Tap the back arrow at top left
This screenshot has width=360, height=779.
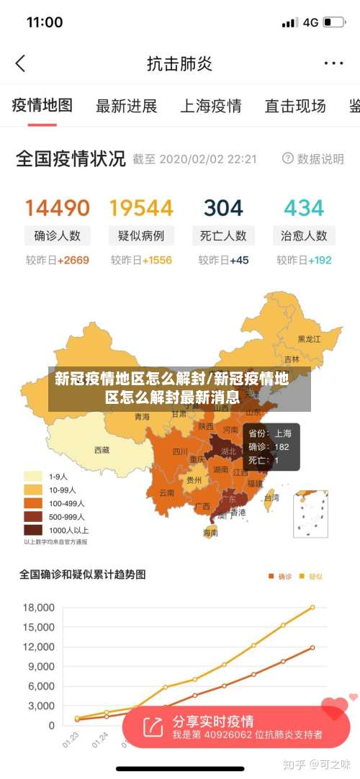point(20,63)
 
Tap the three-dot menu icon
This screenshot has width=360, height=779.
point(333,63)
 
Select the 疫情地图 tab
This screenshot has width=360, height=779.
point(42,106)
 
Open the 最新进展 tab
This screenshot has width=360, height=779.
point(127,107)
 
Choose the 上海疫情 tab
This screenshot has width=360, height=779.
point(210,107)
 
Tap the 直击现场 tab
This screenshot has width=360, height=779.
point(295,107)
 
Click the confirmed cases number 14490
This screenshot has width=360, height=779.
point(58,208)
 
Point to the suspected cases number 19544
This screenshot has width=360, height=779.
point(141,208)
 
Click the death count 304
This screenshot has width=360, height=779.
point(223,208)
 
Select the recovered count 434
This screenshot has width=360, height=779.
point(304,208)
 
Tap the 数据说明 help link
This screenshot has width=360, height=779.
point(313,158)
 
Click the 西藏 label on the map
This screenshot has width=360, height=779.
point(102,450)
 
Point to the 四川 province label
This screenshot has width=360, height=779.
point(180,452)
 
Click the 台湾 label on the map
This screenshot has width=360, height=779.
point(271,497)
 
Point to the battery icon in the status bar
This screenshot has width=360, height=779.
point(333,22)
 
